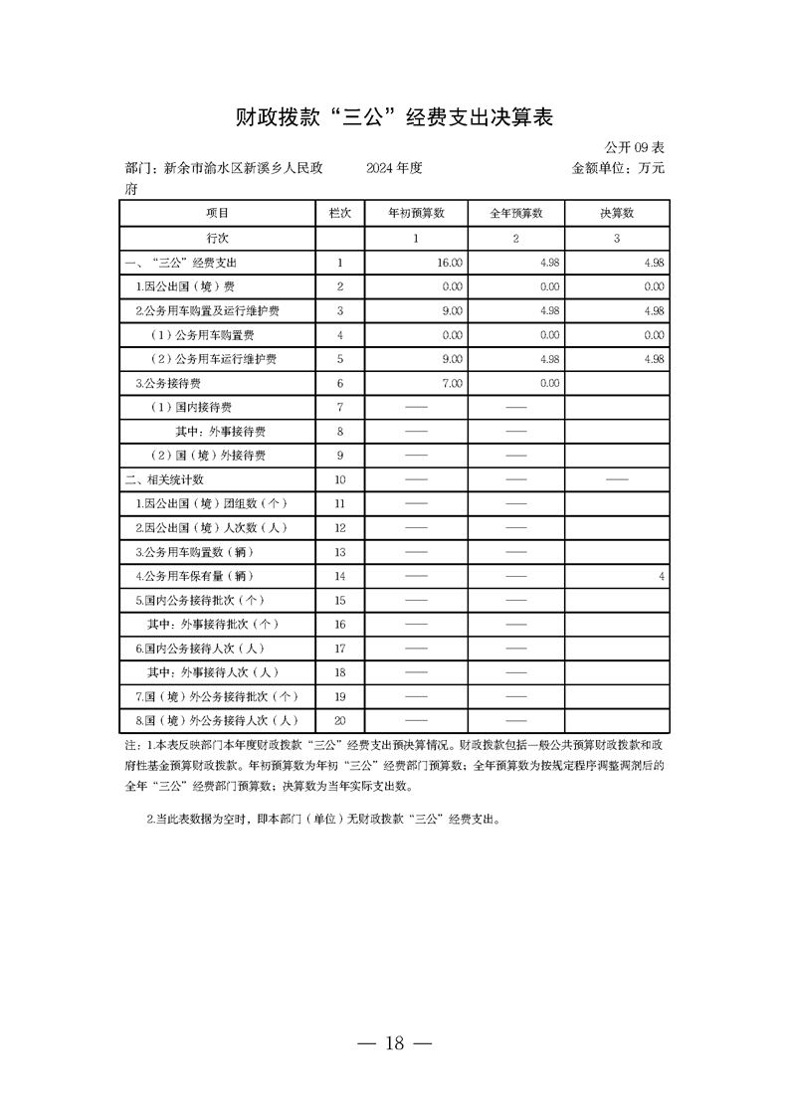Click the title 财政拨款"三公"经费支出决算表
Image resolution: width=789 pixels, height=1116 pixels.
[x=394, y=117]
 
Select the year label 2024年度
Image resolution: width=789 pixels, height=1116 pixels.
[x=394, y=168]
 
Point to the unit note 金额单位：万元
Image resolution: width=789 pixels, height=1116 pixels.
[x=618, y=168]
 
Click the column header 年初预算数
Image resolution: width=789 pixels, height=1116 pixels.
[x=415, y=214]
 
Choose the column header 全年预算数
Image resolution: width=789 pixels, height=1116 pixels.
[x=515, y=214]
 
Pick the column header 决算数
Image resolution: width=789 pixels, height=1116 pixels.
[x=616, y=214]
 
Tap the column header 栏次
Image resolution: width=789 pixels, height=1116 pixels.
[x=339, y=214]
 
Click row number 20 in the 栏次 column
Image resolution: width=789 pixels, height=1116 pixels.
[x=339, y=721]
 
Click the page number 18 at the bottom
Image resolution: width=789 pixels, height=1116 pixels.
[x=394, y=1043]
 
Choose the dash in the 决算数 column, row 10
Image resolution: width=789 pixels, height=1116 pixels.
[x=616, y=479]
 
